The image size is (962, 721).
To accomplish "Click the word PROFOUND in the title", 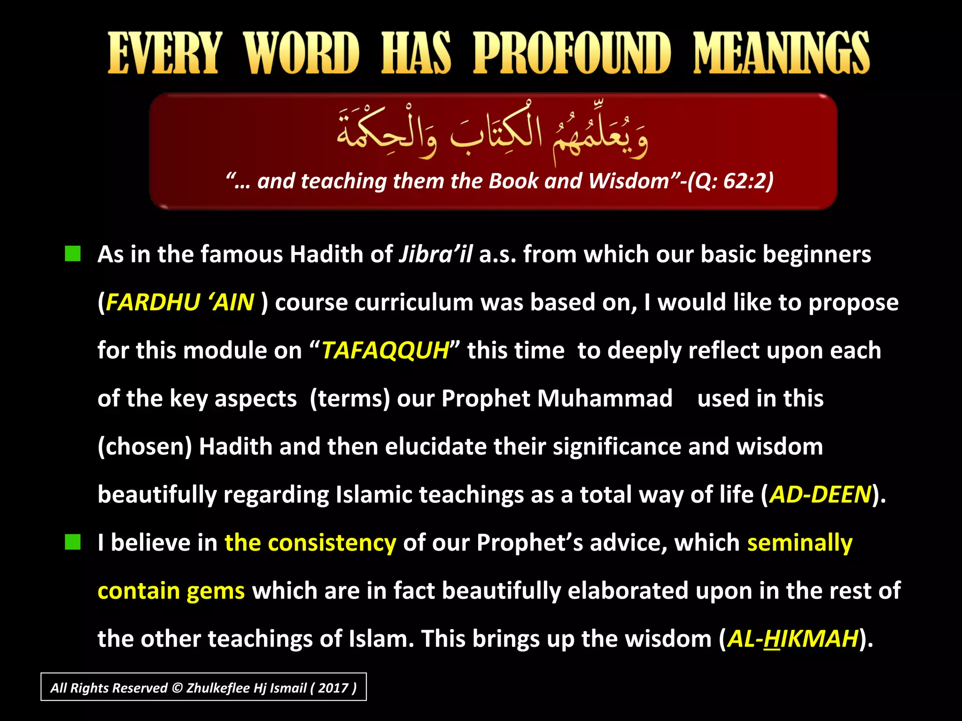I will pos(572,53).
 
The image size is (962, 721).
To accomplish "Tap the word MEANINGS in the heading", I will pos(781,53).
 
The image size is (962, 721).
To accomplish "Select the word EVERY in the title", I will pos(164,53).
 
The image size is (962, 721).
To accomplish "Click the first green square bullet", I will pos(73,254).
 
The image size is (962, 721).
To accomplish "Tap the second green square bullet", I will pos(73,542).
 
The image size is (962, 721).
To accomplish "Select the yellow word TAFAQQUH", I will pos(385,351).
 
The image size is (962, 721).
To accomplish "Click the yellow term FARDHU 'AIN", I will pos(180,302).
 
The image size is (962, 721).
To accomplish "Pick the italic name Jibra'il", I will pos(435,254).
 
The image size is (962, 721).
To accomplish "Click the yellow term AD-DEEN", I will pos(820,495).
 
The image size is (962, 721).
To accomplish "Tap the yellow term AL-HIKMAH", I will pos(793,639).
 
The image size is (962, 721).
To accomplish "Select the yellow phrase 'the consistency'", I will pos(310,543).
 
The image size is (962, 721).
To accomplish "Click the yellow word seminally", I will pos(799,543).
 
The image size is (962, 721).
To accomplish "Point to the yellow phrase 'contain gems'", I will pos(171,591).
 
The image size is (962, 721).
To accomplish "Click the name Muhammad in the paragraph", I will pos(605,399).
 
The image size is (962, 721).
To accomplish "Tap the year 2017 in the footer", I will pos(333,688).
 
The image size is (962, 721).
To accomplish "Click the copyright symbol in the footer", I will pos(177,688).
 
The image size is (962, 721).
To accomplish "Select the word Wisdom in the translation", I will pos(628,181).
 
